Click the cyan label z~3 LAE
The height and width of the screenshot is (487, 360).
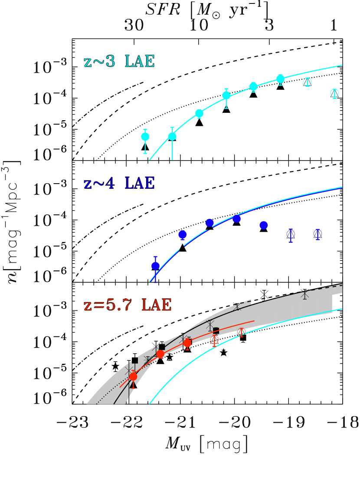pos(119,62)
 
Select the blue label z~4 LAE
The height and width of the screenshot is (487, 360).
pos(119,183)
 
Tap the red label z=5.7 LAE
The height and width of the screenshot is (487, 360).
pos(128,305)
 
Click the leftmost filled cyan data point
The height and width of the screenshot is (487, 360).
pos(145,137)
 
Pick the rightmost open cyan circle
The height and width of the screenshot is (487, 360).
pos(334,93)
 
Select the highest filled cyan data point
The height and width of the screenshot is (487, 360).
pos(280,79)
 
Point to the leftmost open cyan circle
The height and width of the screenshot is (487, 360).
pos(308,81)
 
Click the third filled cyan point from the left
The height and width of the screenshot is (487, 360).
pos(199,113)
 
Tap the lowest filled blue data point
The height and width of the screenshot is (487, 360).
pos(155,266)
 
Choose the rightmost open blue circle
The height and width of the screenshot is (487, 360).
pos(318,234)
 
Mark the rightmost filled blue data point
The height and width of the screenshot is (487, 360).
pos(264,225)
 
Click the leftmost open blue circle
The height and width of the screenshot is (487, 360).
pos(291,234)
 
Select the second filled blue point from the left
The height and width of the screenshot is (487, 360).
pos(183,234)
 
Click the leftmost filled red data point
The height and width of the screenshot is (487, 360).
pos(133,376)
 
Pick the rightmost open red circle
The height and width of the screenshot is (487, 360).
pos(242,332)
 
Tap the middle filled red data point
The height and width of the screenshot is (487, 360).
pos(160,354)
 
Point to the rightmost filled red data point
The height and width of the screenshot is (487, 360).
pos(187,343)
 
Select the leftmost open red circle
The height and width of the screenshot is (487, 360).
pos(214,339)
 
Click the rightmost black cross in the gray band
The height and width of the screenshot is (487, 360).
pos(305,294)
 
